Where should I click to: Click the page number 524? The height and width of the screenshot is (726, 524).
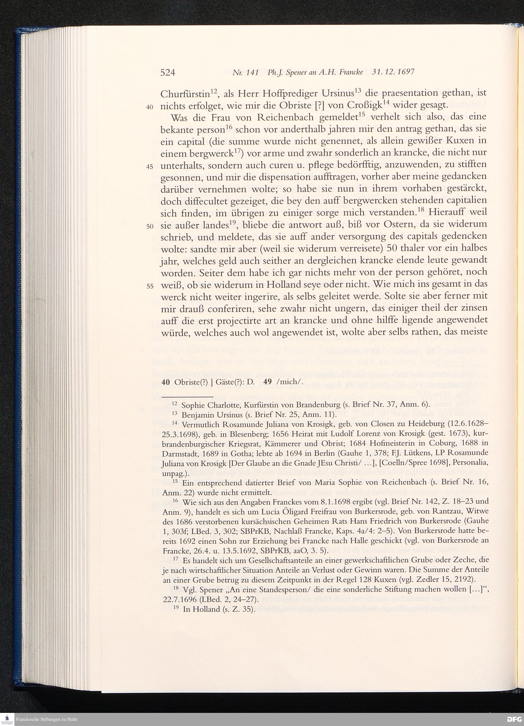168,73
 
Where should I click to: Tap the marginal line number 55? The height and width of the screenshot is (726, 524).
150,286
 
